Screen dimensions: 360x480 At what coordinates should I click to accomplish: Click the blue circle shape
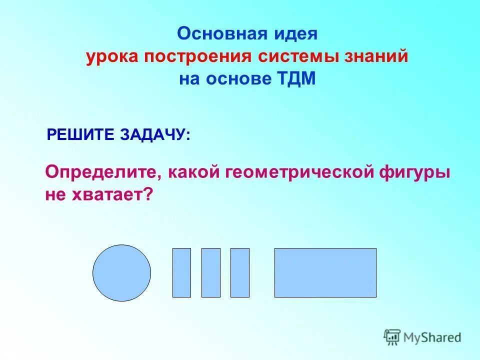(121, 273)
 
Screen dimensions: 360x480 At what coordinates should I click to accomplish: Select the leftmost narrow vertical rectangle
(181, 272)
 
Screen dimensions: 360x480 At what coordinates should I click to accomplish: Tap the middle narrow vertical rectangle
(210, 272)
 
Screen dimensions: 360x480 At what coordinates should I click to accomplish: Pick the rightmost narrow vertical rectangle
(239, 272)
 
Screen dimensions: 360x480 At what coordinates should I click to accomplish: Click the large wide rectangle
(325, 272)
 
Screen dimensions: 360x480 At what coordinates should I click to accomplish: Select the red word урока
(112, 56)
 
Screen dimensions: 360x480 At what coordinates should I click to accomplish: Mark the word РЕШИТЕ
(80, 135)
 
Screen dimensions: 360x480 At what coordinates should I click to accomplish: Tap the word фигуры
(418, 172)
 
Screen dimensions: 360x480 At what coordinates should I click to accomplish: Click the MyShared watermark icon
(392, 337)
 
